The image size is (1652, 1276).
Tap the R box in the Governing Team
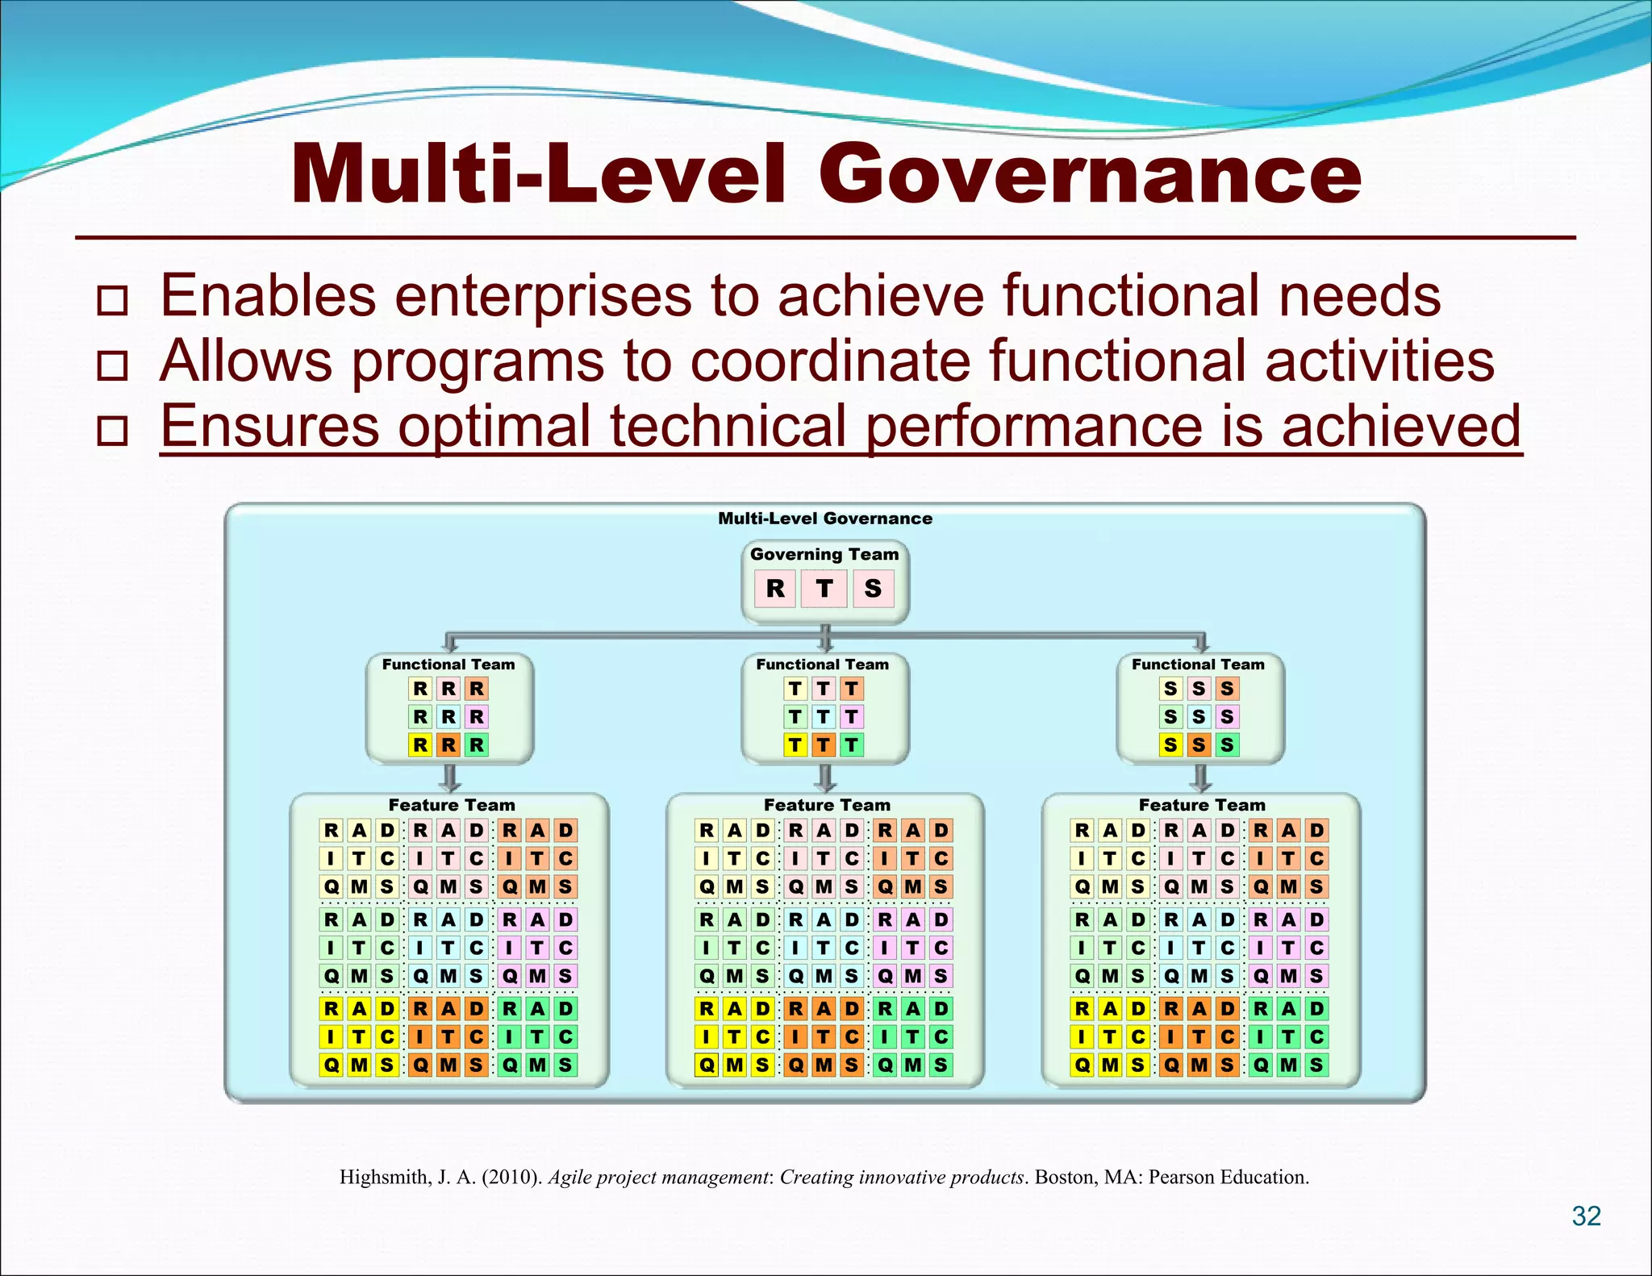pos(775,589)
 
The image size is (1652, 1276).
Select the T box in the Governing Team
pos(824,589)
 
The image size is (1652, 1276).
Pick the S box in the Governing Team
pos(873,589)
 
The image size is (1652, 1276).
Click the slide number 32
pos(1586,1216)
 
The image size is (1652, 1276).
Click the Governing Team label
pos(824,554)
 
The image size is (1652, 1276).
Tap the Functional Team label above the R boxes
pos(448,665)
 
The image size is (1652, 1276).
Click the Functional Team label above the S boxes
pos(1198,665)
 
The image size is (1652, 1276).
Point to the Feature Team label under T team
pos(827,805)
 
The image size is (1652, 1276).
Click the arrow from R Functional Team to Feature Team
pos(451,778)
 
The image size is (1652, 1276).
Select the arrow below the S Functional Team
pos(1200,778)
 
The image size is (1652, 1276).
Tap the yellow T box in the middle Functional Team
pos(795,744)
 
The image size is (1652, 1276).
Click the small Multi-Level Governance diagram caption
pos(824,519)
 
